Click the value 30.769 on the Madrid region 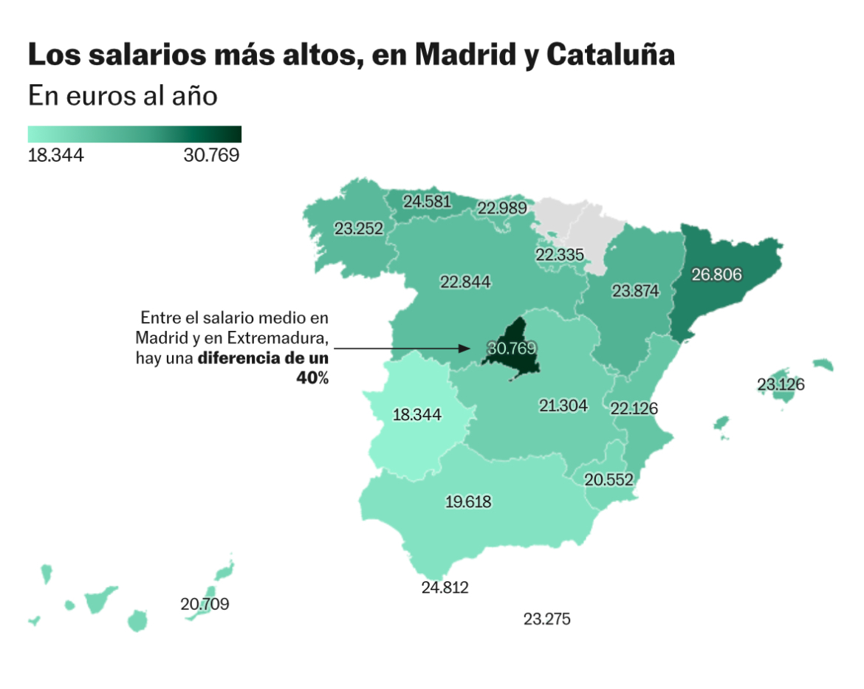[x=512, y=349]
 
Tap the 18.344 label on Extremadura [x=417, y=414]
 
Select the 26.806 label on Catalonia [x=717, y=275]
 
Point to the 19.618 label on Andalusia [x=468, y=501]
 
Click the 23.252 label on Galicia [x=359, y=228]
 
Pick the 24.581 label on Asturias [x=427, y=202]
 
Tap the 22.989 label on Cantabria [x=502, y=208]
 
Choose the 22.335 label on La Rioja [x=560, y=255]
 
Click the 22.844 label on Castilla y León [x=465, y=282]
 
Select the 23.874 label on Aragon [x=635, y=290]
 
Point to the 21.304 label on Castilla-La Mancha [x=563, y=405]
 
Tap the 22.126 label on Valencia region [x=634, y=408]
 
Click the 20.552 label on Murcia [x=609, y=480]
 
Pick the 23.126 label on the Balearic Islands [x=781, y=384]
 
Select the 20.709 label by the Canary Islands [x=205, y=604]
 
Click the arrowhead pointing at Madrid [x=466, y=349]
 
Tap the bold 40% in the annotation [x=312, y=378]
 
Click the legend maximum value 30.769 [x=212, y=155]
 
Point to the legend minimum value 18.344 [x=55, y=155]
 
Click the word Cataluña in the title [x=611, y=55]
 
